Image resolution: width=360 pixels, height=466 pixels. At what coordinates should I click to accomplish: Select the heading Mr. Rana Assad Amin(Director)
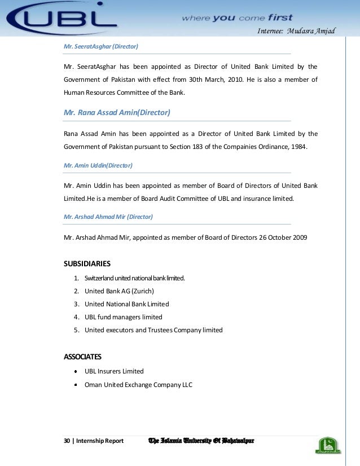tap(117, 112)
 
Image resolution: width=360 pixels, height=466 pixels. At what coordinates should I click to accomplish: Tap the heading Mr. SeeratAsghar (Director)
tap(101, 46)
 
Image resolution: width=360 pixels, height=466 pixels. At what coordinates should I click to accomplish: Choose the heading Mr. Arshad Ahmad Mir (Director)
tap(108, 216)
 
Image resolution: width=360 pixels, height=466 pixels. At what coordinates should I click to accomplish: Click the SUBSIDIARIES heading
tap(87, 263)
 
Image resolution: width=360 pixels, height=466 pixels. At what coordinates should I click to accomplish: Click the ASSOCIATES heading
tap(83, 357)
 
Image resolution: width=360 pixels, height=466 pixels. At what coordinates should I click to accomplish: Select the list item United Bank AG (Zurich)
tap(119, 291)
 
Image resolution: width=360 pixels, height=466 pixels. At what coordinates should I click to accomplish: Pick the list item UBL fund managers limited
tap(123, 317)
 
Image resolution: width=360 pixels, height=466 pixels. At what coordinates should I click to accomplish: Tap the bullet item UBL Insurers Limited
tap(114, 371)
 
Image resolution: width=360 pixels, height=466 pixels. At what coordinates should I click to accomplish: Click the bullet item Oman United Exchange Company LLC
tap(138, 385)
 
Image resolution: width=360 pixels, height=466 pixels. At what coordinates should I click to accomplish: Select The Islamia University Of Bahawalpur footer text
tap(200, 440)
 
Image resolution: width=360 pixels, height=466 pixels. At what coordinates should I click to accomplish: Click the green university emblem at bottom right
tap(328, 446)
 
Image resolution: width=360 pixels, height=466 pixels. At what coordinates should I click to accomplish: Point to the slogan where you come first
tap(237, 18)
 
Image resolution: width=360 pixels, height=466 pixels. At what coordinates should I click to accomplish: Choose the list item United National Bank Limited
tap(126, 304)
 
